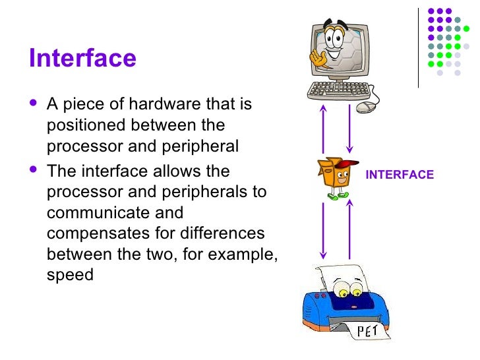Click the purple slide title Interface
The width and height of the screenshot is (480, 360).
[x=82, y=58]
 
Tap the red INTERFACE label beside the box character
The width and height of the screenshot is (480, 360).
[x=400, y=175]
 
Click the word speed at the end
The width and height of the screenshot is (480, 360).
[x=70, y=275]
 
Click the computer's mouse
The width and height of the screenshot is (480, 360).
[x=365, y=105]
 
